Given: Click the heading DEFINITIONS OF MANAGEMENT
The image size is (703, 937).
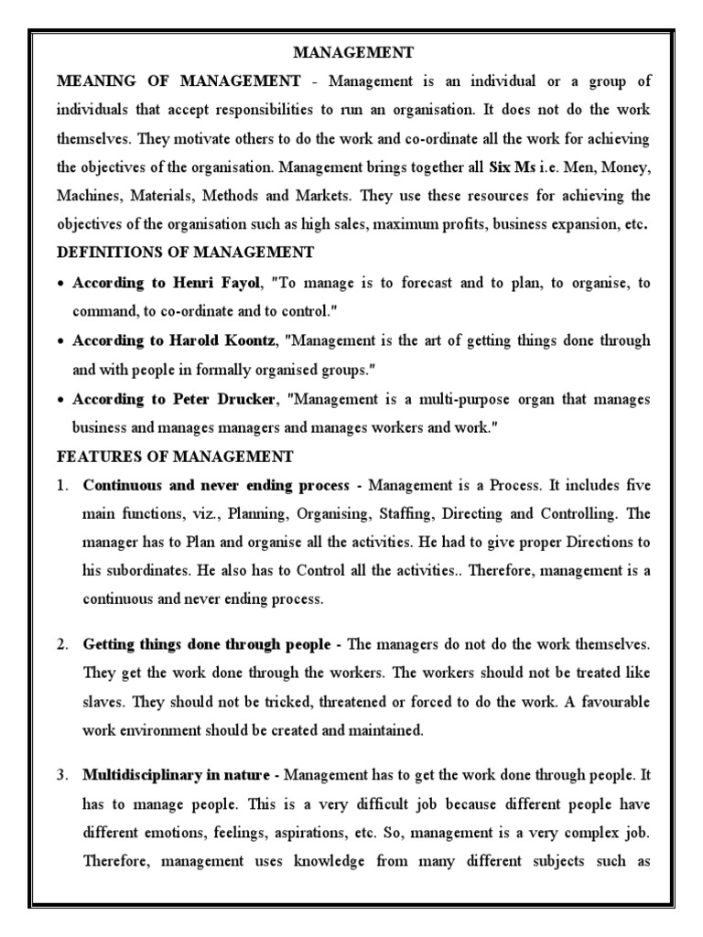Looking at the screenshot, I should tap(185, 252).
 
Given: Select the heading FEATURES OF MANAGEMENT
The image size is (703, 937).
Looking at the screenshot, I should tap(175, 456).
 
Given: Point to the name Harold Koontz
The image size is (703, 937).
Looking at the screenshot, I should tap(215, 340).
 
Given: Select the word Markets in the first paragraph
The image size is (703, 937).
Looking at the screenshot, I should tap(327, 196).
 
